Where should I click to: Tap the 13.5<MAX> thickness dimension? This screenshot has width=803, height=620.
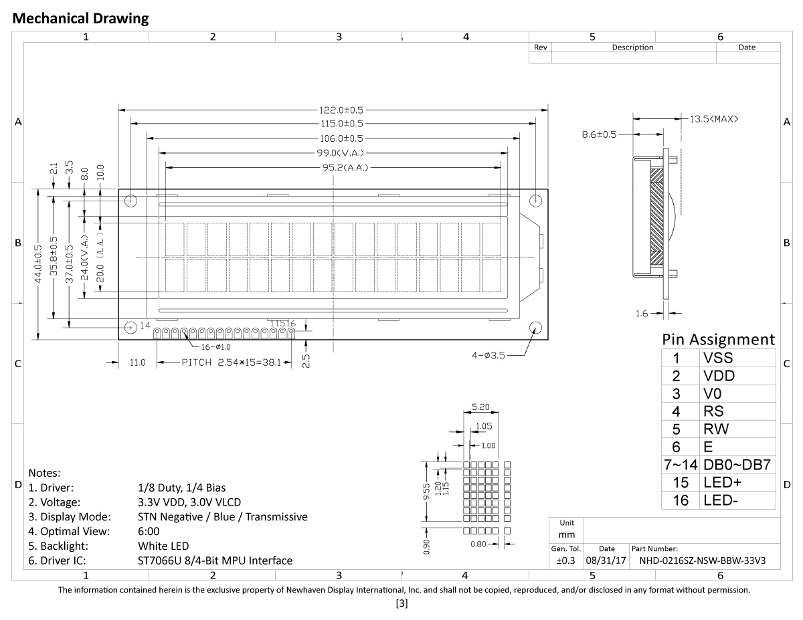click(x=714, y=119)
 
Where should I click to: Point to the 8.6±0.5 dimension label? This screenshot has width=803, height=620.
click(x=599, y=134)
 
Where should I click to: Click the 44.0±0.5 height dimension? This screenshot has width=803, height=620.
click(x=39, y=264)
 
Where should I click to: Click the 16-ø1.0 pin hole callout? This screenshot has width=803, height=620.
click(x=215, y=347)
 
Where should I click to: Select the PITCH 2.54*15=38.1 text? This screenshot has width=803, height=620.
click(x=236, y=363)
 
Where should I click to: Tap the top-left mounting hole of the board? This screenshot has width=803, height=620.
click(x=130, y=201)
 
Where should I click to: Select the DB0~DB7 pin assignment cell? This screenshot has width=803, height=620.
click(x=737, y=465)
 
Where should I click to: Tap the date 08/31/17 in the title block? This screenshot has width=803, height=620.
click(x=607, y=560)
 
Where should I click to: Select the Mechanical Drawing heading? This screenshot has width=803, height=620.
click(x=81, y=19)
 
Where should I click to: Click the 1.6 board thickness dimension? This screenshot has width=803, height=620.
click(x=642, y=312)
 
